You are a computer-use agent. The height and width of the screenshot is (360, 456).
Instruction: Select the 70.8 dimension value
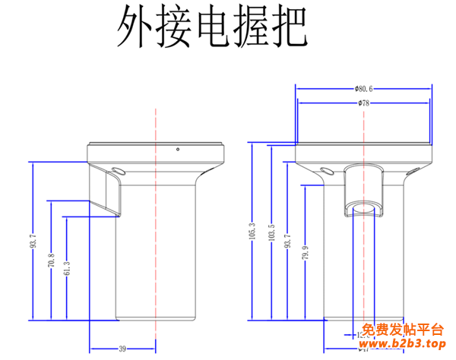point(52,261)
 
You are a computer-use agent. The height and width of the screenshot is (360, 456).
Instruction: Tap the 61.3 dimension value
point(68,267)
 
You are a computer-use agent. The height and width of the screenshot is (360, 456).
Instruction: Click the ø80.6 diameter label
point(363,88)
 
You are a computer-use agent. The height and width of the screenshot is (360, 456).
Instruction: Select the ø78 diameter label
point(363,103)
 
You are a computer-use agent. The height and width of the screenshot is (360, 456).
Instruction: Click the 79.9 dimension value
point(305,251)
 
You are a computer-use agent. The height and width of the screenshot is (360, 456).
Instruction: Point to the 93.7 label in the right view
point(288,241)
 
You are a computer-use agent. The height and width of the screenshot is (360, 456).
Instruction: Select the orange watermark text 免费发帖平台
point(402,330)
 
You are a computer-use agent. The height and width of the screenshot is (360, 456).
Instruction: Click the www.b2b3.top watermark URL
point(402,346)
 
